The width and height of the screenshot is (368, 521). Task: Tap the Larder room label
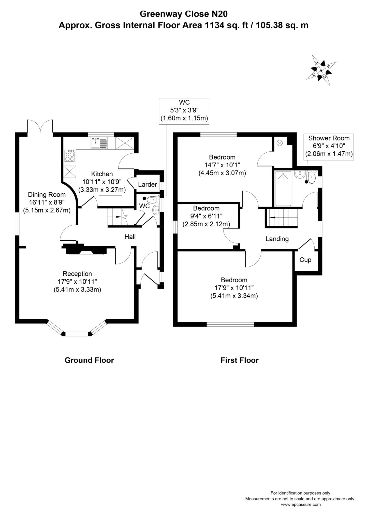[x=148, y=184]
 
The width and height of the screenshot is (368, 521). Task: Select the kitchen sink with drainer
[x=99, y=143]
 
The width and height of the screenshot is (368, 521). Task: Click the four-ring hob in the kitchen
[x=70, y=156]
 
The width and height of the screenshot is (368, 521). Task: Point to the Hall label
[x=130, y=237]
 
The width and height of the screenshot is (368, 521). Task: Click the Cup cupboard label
[x=305, y=260]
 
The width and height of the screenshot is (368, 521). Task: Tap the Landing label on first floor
[x=277, y=239]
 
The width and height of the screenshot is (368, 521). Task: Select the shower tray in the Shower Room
[x=283, y=188]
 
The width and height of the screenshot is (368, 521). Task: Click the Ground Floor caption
[x=89, y=360]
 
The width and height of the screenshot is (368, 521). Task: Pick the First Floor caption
[x=240, y=360]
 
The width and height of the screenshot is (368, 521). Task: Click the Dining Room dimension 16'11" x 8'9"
[x=47, y=202]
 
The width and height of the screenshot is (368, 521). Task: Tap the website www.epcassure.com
[x=301, y=504]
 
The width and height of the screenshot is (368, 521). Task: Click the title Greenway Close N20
[x=184, y=14]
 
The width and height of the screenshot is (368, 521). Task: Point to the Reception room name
[x=77, y=274]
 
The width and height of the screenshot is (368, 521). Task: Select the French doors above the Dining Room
[x=40, y=126]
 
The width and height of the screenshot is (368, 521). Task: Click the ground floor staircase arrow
[x=118, y=217]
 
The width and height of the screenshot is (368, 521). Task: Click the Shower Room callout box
[x=329, y=146]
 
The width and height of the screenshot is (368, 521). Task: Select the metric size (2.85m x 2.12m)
[x=206, y=224]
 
